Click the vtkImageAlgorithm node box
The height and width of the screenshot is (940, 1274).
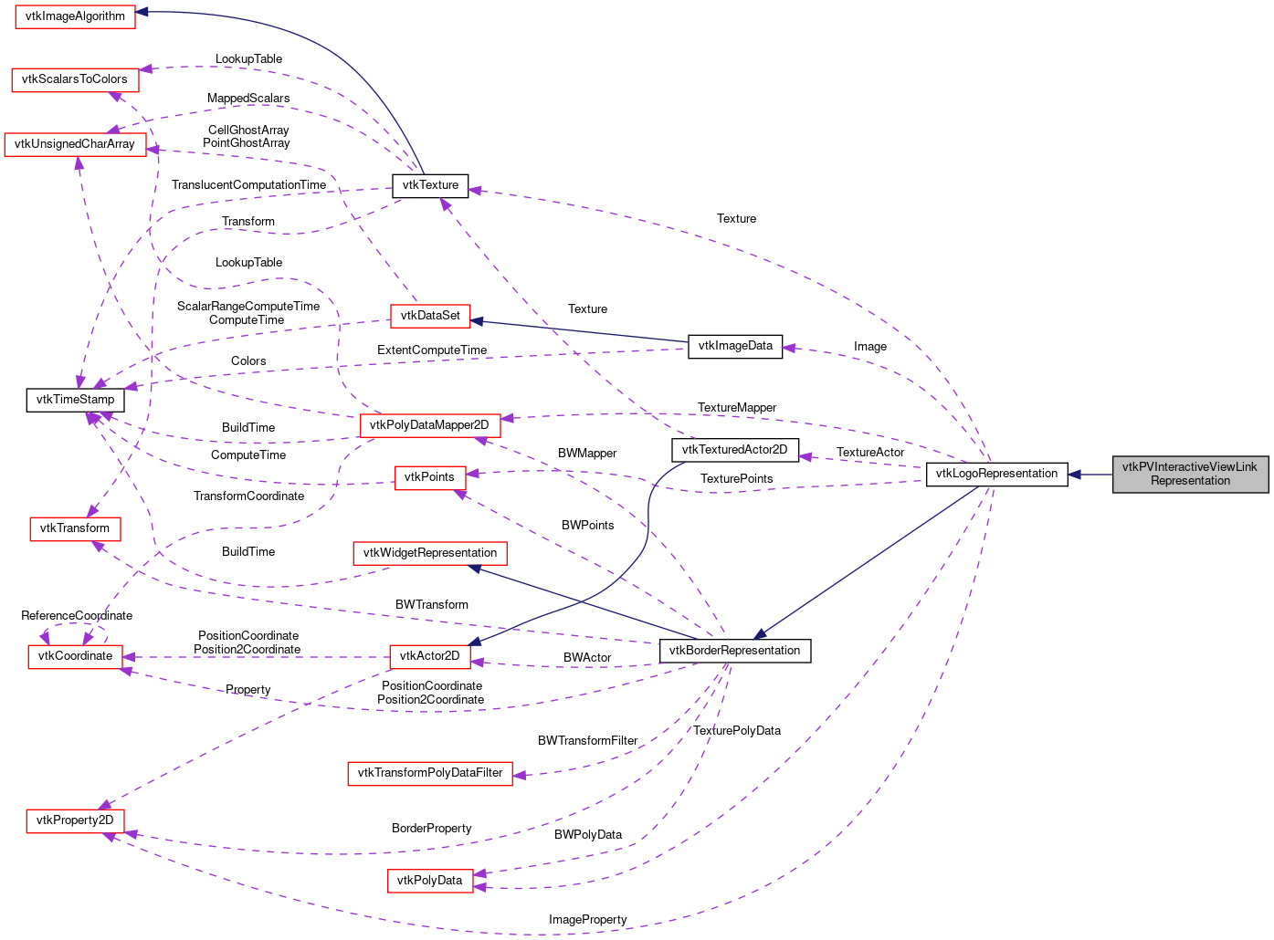(75, 16)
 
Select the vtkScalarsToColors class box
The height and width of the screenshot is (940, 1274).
(75, 79)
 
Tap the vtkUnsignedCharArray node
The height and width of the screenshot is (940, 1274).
(75, 144)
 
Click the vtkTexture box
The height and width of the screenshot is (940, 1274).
(430, 185)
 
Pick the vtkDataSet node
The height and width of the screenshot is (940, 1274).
(430, 316)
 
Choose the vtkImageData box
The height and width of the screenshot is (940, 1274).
(735, 346)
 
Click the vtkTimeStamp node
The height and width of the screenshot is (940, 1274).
(75, 400)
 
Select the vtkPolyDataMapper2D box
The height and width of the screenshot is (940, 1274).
(430, 425)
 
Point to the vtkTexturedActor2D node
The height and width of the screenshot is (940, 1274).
(735, 450)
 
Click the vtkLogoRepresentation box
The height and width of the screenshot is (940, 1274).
(996, 474)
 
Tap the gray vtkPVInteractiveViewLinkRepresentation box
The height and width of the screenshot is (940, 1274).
(1190, 474)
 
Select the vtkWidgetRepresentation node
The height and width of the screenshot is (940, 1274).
(430, 553)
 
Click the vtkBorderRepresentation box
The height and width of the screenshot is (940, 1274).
(735, 651)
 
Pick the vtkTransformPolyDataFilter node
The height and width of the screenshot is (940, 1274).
(430, 773)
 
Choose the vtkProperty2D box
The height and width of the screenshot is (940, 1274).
(75, 820)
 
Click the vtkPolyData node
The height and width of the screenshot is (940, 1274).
(430, 881)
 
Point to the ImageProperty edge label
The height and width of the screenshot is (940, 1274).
(588, 920)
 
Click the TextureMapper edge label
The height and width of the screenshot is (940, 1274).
(737, 408)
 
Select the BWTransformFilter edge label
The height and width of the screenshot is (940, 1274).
(587, 741)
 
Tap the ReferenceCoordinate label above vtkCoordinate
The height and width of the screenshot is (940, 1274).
(77, 616)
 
